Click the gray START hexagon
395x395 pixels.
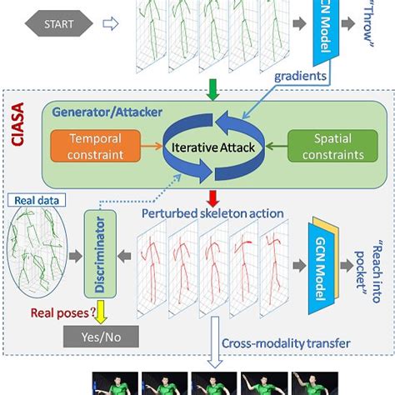pos(59,23)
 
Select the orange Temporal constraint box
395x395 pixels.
pos(96,146)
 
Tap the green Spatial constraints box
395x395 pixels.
pos(332,146)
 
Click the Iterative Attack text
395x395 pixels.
pos(213,147)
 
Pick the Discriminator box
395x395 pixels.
pos(100,254)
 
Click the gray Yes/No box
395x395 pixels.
pos(101,337)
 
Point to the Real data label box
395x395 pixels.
pos(37,200)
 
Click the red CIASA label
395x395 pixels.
pos(17,124)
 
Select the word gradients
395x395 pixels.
pos(300,76)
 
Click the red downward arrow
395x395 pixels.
pos(212,198)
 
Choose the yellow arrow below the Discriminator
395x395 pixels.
pos(101,312)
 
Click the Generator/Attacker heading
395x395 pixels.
pos(107,112)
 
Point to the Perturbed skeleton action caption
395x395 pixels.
pos(212,213)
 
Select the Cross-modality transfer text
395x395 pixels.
pos(286,343)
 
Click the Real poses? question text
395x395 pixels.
pos(63,312)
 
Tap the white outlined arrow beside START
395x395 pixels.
pos(111,24)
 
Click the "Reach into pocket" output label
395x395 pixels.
pos(368,271)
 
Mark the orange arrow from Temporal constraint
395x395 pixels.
pos(152,146)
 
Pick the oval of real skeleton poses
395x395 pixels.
pos(37,252)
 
